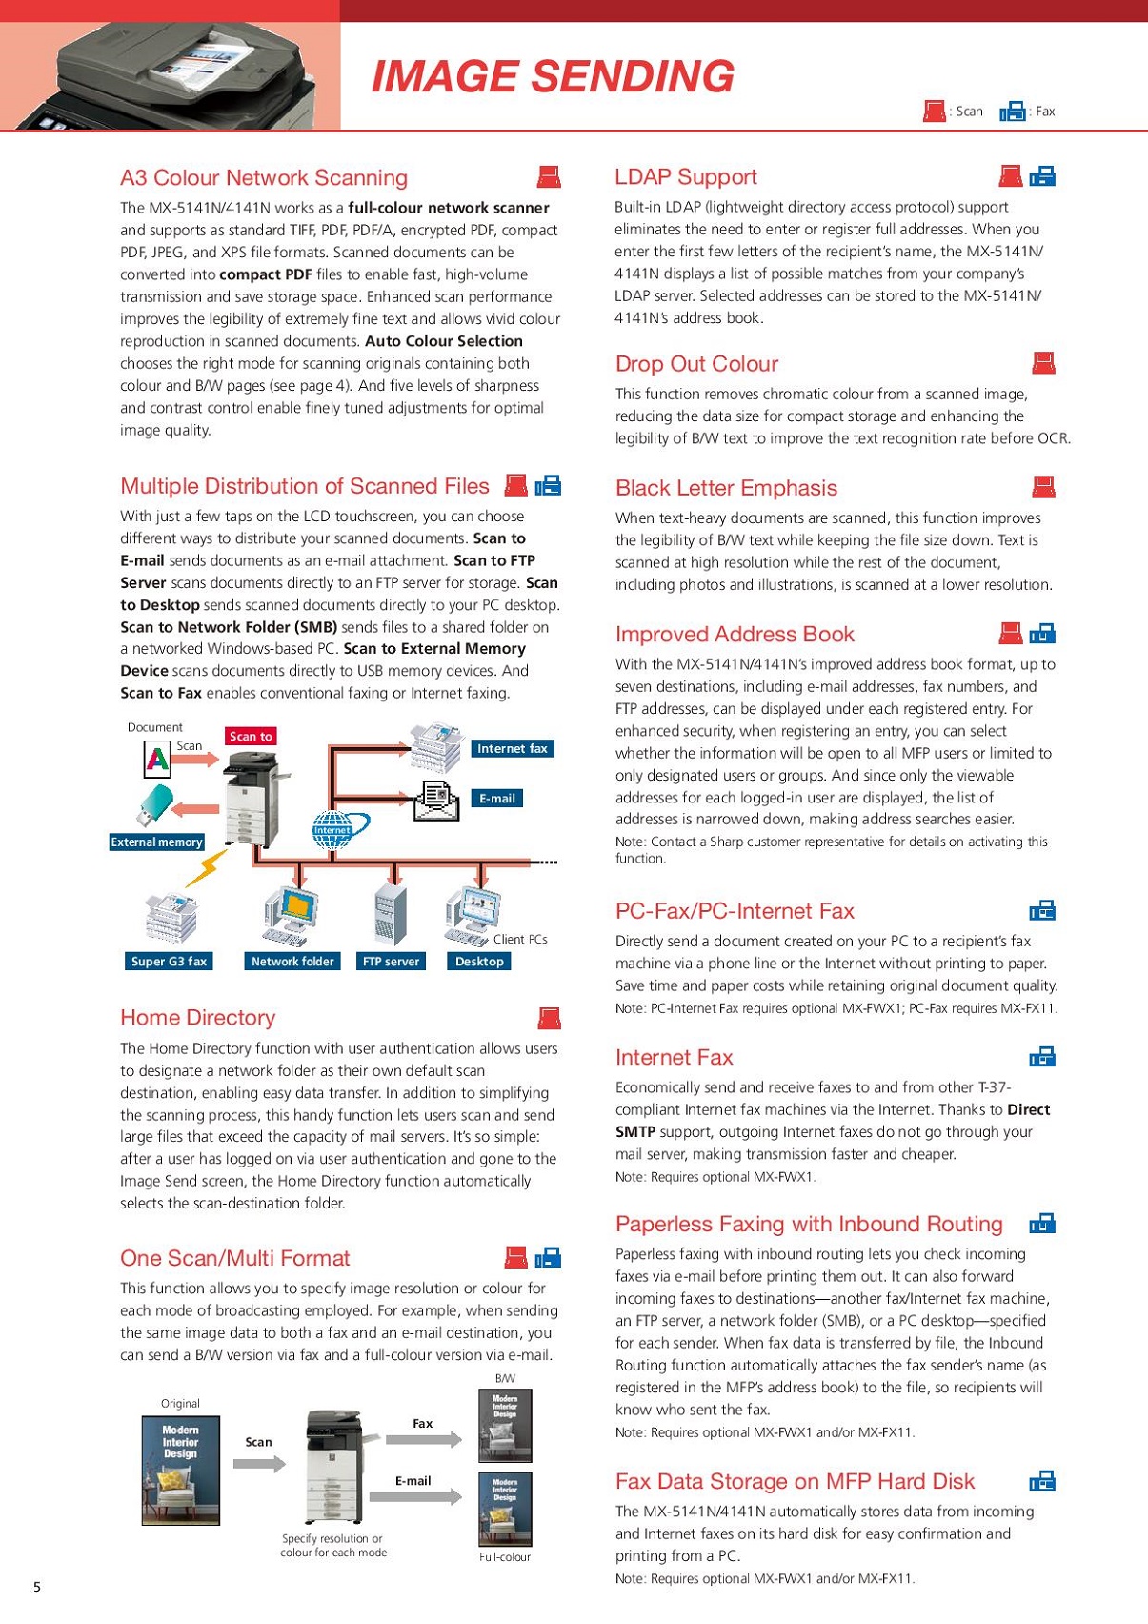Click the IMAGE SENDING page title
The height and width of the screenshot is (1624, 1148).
tap(553, 77)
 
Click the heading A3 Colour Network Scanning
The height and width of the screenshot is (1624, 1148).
tap(264, 178)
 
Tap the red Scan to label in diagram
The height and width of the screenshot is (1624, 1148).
tap(251, 736)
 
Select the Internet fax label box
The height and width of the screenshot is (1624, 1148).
tap(513, 749)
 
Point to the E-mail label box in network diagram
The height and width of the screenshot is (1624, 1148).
tap(496, 799)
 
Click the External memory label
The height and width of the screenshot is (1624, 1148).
tap(156, 842)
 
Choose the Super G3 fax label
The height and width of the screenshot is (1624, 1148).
tap(169, 962)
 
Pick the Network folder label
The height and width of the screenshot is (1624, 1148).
tap(292, 962)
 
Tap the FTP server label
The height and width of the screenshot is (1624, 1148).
tap(391, 962)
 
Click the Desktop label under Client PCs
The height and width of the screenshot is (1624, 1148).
tap(479, 962)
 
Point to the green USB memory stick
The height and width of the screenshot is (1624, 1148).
tap(154, 803)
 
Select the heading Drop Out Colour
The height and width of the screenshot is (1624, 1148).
tap(696, 364)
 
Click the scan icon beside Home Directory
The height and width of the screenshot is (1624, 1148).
tap(549, 1019)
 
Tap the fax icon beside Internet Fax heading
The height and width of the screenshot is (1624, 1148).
tap(1042, 1057)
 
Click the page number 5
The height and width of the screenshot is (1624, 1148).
tap(37, 1587)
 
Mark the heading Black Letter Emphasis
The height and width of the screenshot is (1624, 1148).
tap(726, 488)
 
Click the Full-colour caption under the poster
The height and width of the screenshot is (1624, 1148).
tap(505, 1557)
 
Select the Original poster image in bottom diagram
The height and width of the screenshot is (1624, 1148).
tap(180, 1471)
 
